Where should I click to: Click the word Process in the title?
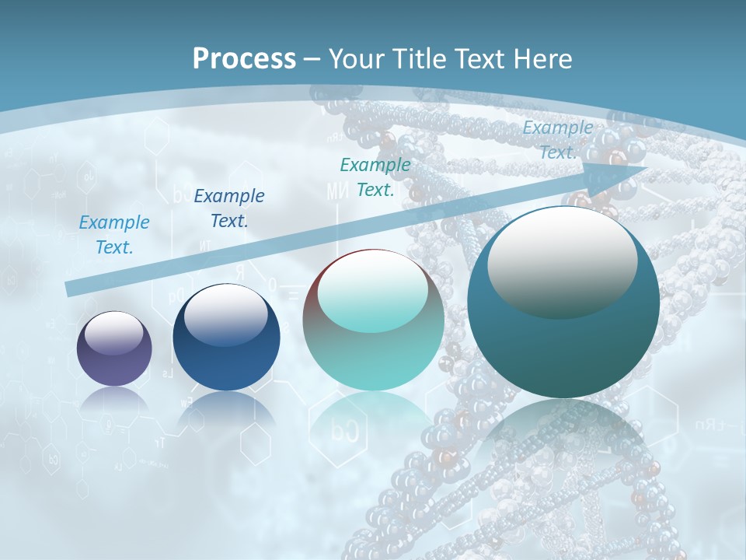[x=244, y=59]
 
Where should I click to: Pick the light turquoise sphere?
[x=373, y=320]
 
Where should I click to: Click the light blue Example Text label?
[x=114, y=234]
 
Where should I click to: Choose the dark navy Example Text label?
[x=229, y=208]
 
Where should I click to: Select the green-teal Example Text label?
[x=375, y=177]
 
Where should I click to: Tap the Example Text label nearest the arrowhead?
[x=558, y=140]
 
